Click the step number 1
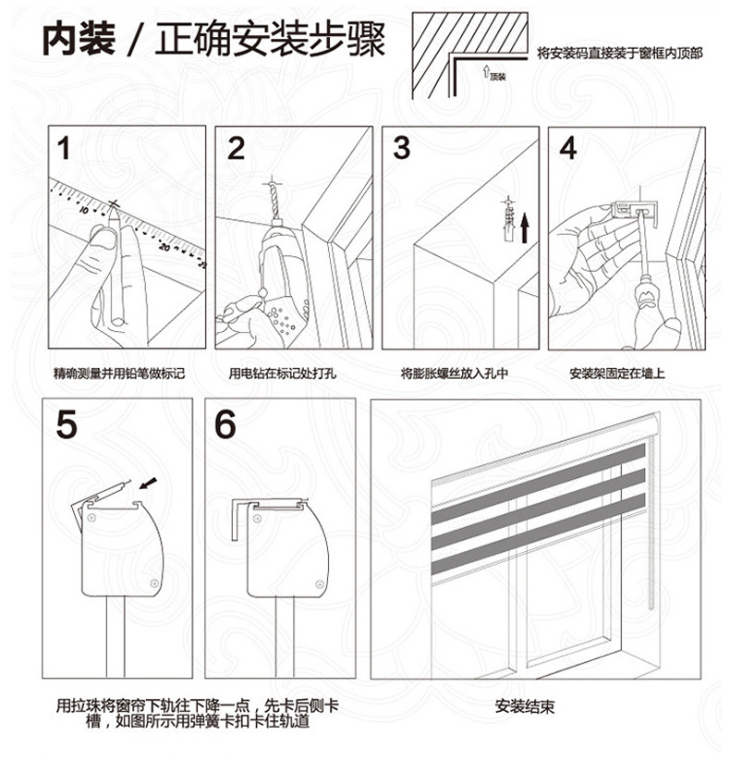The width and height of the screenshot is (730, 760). tap(64, 148)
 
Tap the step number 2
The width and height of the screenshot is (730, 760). tap(236, 148)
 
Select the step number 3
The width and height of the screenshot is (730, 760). tap(402, 148)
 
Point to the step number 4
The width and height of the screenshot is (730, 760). tap(568, 148)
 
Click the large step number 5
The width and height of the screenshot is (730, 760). tap(67, 424)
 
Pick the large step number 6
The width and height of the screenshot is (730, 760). tap(225, 424)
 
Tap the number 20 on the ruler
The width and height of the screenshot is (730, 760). tap(164, 247)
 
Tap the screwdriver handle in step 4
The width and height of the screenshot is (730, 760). tap(644, 295)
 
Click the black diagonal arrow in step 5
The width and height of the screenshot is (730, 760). tap(148, 484)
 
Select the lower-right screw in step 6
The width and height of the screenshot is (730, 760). tap(319, 583)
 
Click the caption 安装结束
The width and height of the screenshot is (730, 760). tap(525, 706)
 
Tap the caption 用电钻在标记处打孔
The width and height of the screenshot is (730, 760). tap(283, 374)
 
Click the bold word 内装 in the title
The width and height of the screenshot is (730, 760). tap(79, 38)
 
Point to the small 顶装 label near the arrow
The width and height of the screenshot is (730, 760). tap(498, 77)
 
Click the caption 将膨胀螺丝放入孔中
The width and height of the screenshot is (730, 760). tap(455, 374)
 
